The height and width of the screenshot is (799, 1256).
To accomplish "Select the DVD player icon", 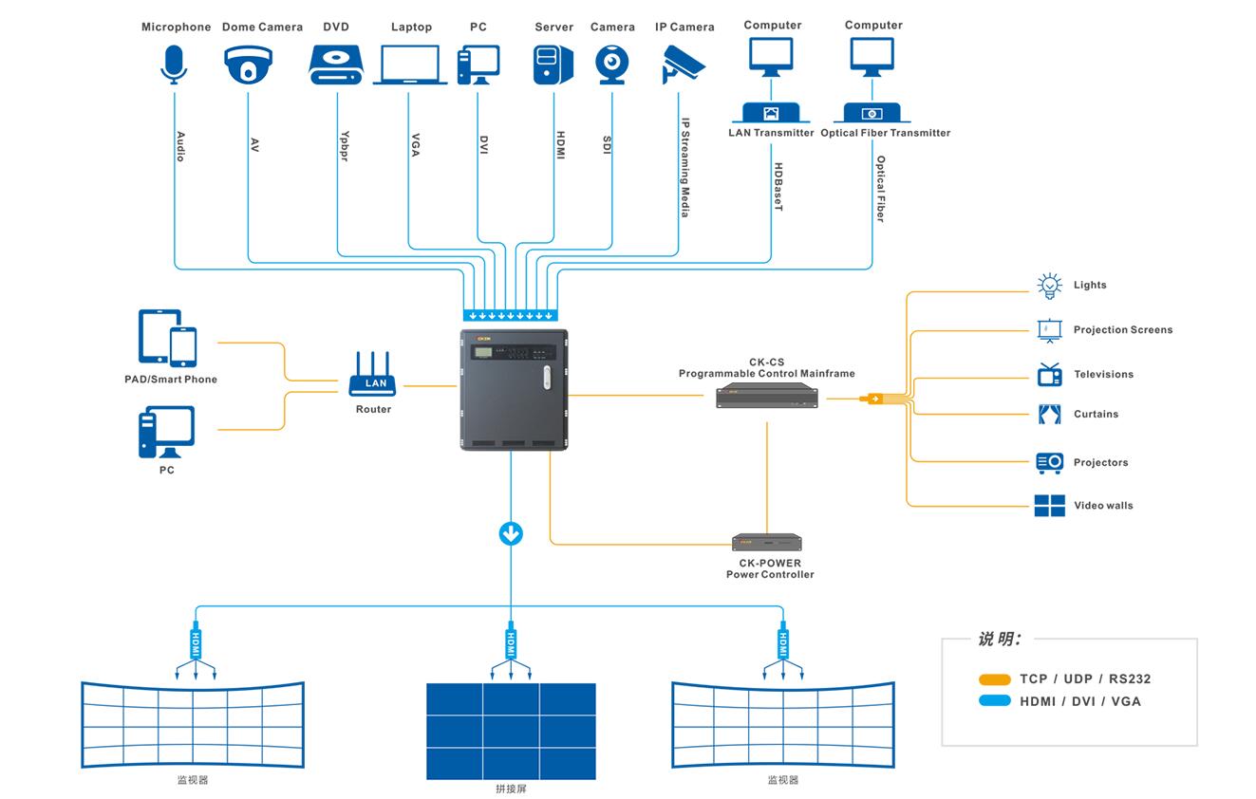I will [336, 65].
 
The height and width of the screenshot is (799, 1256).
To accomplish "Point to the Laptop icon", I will [410, 65].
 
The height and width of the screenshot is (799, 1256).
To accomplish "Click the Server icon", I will [553, 65].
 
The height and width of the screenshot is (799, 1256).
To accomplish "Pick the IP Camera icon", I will [684, 63].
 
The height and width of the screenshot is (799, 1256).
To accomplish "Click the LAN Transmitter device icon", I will [771, 113].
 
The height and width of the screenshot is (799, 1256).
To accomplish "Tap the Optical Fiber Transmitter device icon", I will [872, 113].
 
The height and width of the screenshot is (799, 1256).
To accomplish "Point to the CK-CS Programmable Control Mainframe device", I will [766, 399].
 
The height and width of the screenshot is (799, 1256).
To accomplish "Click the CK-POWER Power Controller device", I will [767, 543].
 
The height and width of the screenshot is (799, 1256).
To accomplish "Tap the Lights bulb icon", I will [1049, 285].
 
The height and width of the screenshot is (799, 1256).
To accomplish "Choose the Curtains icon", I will [1049, 414].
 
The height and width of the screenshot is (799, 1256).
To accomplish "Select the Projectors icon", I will [1049, 462].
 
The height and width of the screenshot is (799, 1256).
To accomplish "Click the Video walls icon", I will [1049, 506].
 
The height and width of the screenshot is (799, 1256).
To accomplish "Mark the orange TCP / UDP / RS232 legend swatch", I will [995, 679].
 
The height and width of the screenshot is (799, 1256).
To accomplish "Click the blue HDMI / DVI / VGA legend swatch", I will [995, 701].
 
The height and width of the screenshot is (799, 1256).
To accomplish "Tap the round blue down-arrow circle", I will [511, 533].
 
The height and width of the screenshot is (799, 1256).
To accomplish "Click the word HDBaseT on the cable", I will [778, 187].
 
